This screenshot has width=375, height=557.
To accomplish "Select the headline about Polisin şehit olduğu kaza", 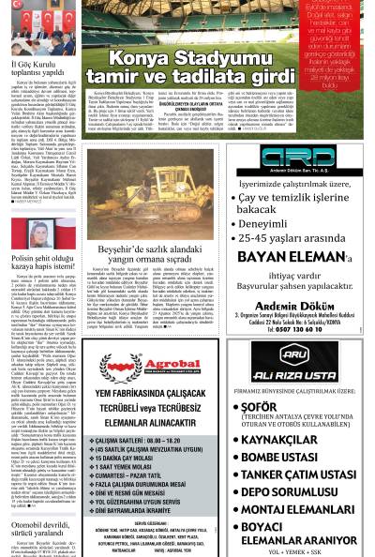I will click(x=43, y=260).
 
